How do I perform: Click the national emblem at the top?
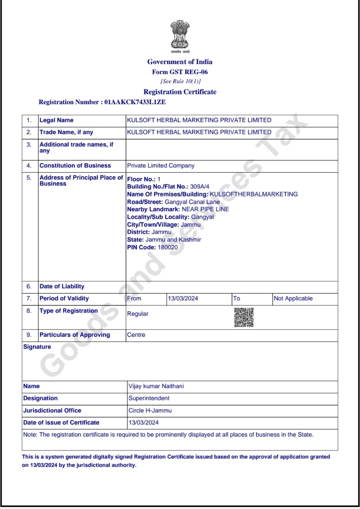(x=180, y=35)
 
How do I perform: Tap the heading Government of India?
(x=180, y=62)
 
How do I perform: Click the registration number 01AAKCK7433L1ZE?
(x=135, y=102)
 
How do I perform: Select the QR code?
(x=244, y=317)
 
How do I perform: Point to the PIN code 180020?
(x=168, y=247)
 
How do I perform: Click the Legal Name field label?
(x=56, y=120)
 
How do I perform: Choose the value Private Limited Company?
(x=161, y=165)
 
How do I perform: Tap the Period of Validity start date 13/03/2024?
(x=183, y=298)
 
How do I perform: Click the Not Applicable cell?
(x=293, y=298)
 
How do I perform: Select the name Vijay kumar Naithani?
(x=156, y=386)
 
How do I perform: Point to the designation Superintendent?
(x=149, y=398)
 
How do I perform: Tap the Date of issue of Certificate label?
(x=61, y=422)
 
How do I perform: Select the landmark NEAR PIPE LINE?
(x=205, y=209)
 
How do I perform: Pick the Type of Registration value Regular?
(x=137, y=314)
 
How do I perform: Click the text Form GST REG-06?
(x=180, y=72)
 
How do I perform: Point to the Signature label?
(x=37, y=347)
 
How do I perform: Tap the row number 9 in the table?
(x=29, y=335)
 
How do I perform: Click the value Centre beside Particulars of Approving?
(x=136, y=335)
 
